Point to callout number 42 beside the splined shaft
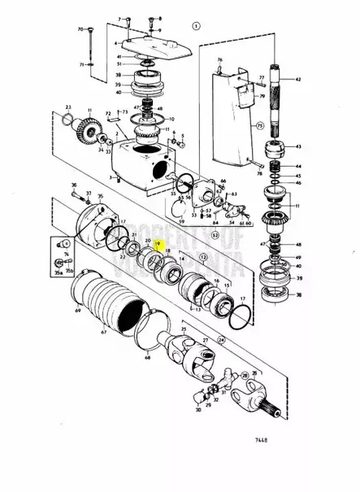[x=297, y=78]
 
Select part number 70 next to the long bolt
[x=80, y=28]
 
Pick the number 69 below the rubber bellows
[x=80, y=311]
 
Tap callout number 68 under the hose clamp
[x=148, y=355]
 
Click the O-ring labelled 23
[x=67, y=120]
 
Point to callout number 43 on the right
[x=297, y=146]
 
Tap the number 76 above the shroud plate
[x=219, y=61]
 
